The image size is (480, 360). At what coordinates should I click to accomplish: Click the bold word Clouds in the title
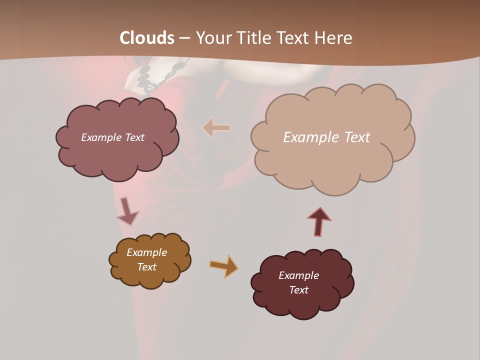[x=147, y=38]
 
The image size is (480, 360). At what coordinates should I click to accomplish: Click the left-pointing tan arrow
[x=216, y=128]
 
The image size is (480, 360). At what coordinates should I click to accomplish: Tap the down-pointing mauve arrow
[x=127, y=211]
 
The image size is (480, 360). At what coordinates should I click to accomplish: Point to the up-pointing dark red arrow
[x=319, y=221]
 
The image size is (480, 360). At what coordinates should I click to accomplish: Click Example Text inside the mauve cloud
[x=112, y=137]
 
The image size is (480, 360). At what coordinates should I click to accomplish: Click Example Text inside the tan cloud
[x=326, y=137]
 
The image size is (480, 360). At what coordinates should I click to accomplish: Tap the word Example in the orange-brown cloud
[x=146, y=252]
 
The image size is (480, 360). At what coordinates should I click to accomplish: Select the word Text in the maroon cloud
[x=298, y=290]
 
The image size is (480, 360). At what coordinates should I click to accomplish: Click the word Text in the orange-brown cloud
[x=146, y=267]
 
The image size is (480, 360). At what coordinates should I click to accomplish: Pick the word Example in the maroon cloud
[x=298, y=275]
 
